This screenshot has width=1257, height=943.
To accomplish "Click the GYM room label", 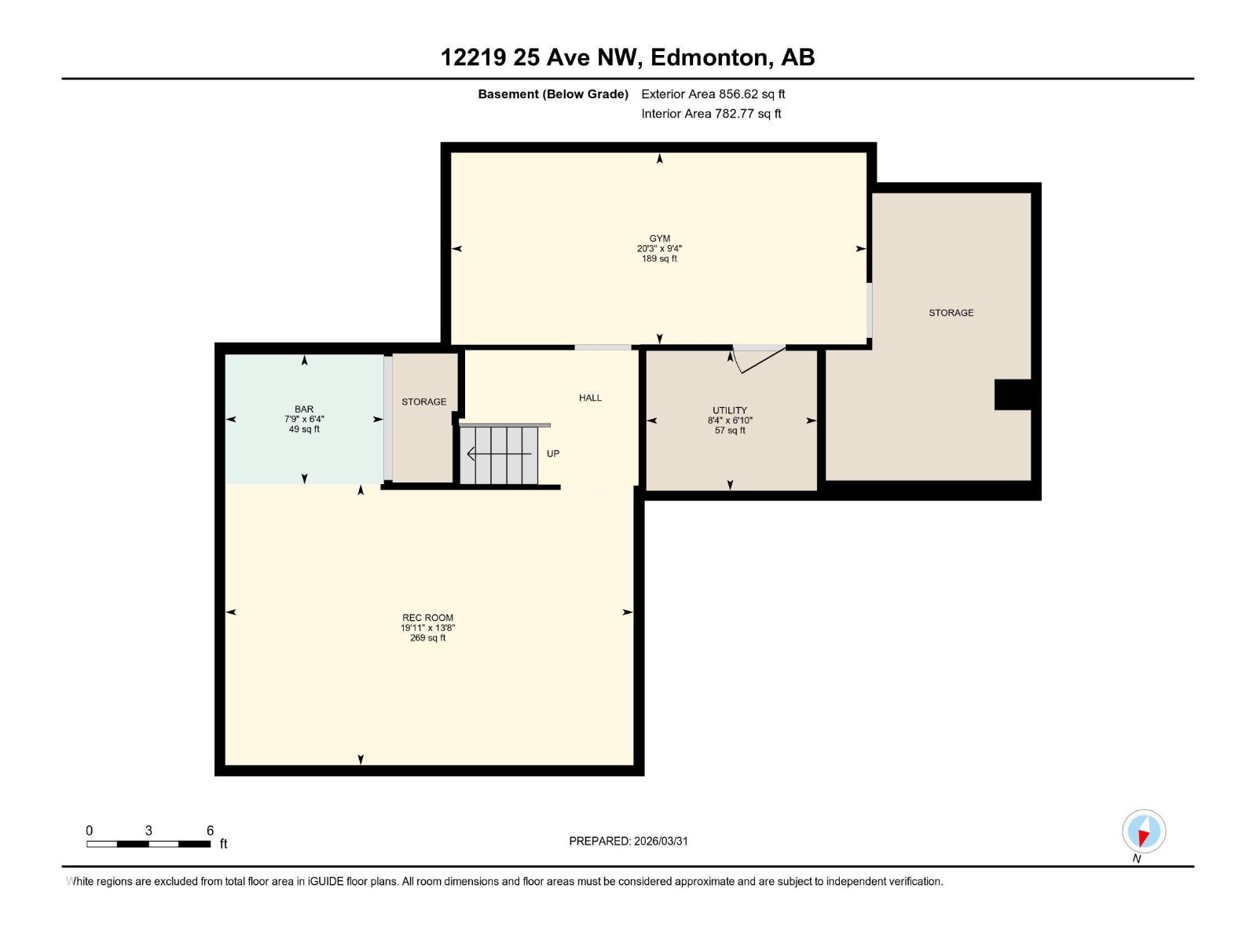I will [x=659, y=238].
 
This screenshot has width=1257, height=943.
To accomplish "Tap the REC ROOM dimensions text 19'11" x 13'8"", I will [x=427, y=628].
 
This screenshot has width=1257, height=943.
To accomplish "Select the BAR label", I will [x=304, y=409].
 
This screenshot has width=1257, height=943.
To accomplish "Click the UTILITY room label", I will [x=730, y=410].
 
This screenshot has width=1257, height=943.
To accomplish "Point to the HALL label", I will [x=590, y=398].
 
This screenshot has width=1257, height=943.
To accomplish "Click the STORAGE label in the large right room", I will [x=951, y=313].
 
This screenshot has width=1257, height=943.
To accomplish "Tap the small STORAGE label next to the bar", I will [x=423, y=402].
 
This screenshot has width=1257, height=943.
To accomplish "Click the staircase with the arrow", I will [x=499, y=455].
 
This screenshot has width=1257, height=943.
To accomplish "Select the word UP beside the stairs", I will [x=553, y=454].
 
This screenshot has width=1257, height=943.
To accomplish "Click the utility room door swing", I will [x=756, y=358].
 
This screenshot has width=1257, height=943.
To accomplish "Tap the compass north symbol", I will [x=1143, y=831].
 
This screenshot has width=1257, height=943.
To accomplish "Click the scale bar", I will [x=148, y=844].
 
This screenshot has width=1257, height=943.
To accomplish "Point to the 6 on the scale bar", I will [x=210, y=831].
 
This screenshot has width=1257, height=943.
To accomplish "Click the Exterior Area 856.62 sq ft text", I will [x=713, y=94].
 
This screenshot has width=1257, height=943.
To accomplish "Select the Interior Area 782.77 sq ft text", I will [x=711, y=114].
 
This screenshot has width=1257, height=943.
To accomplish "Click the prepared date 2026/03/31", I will [x=659, y=841].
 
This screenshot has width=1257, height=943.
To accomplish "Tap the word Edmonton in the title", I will [x=709, y=57].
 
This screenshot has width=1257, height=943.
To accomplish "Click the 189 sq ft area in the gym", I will [x=659, y=259].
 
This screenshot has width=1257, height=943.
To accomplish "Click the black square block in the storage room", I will [x=1013, y=394].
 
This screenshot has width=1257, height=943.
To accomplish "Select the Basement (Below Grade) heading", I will [x=553, y=94].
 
